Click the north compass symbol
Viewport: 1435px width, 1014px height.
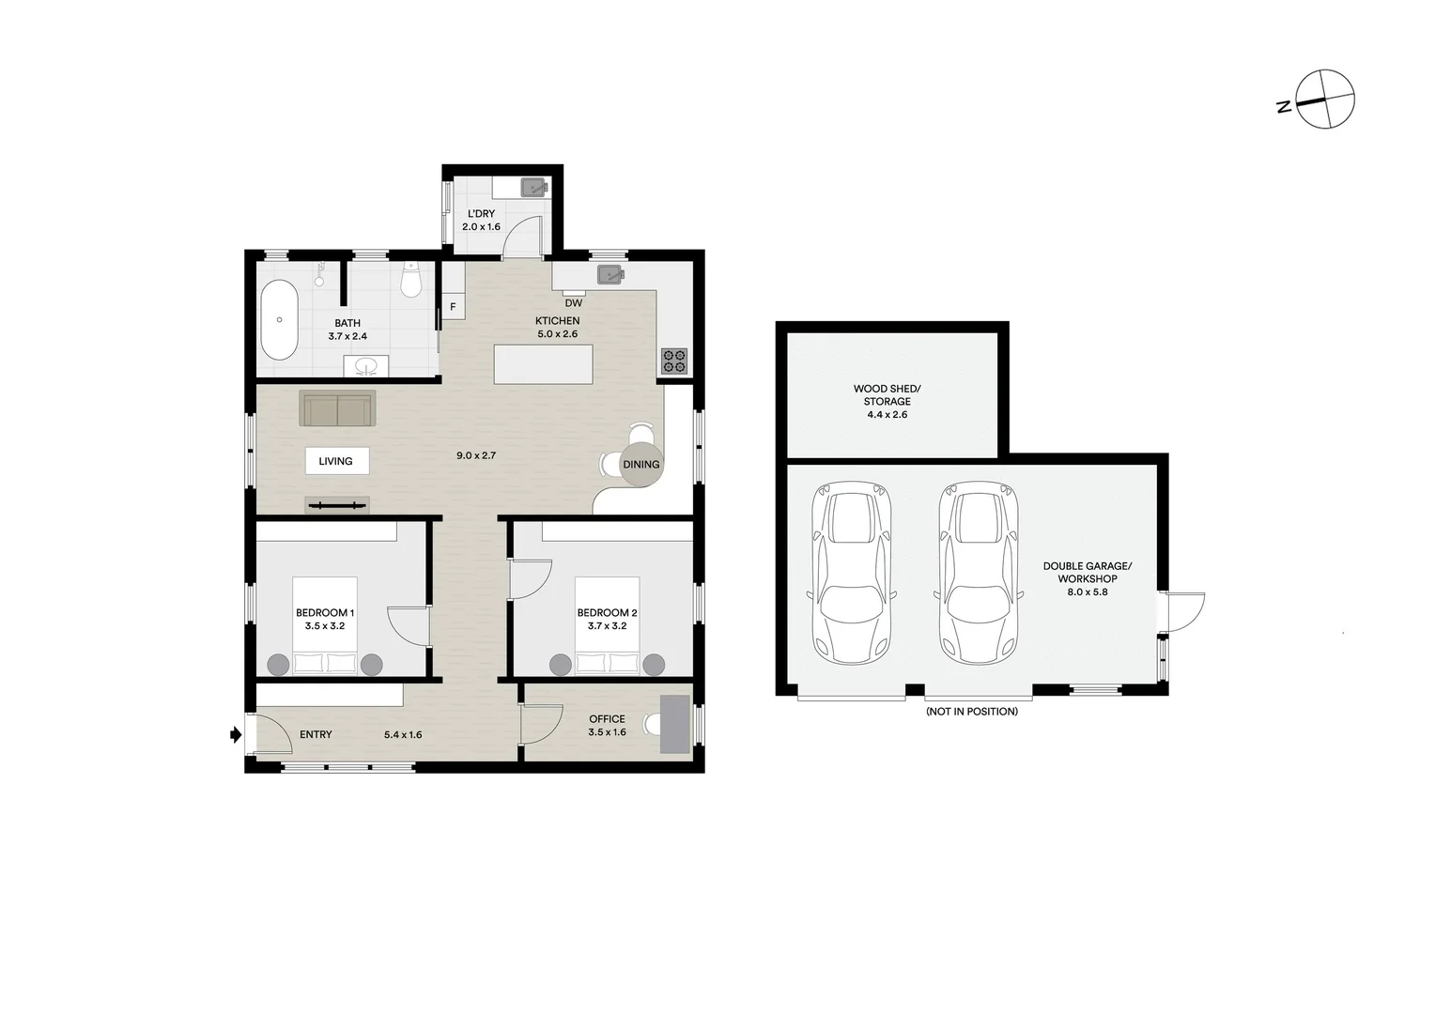pyautogui.click(x=1324, y=99)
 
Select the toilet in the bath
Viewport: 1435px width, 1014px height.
pyautogui.click(x=410, y=279)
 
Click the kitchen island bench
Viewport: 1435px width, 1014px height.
pyautogui.click(x=544, y=364)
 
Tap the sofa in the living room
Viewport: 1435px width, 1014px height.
pyautogui.click(x=337, y=408)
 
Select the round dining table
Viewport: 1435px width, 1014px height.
pyautogui.click(x=641, y=464)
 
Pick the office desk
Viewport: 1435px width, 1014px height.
pyautogui.click(x=675, y=723)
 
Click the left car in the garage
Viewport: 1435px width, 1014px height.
pyautogui.click(x=850, y=573)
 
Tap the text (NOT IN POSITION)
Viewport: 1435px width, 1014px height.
pyautogui.click(x=971, y=712)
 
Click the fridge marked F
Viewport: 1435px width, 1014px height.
pyautogui.click(x=453, y=306)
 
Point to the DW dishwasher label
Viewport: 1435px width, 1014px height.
pyautogui.click(x=573, y=303)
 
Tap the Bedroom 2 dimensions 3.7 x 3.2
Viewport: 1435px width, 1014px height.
pyautogui.click(x=607, y=626)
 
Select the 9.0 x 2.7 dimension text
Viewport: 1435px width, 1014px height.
pyautogui.click(x=475, y=455)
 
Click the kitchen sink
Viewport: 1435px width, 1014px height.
pyautogui.click(x=611, y=275)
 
